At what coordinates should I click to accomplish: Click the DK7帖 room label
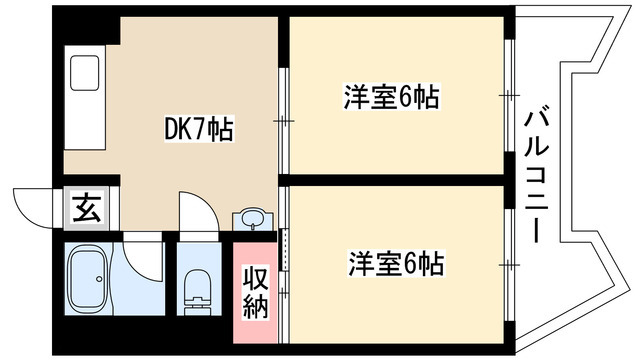[x=199, y=130]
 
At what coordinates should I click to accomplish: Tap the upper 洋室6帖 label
[x=393, y=98]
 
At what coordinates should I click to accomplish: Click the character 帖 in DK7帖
[x=221, y=130]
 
